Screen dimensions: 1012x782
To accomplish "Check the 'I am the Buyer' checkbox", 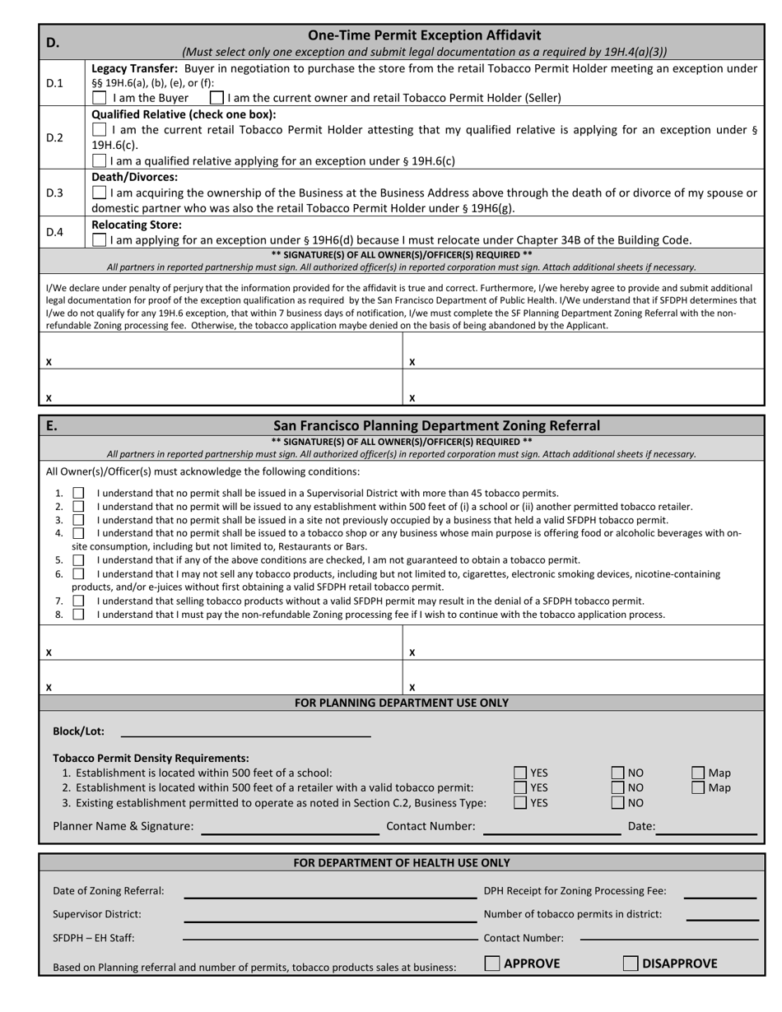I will click(x=100, y=98).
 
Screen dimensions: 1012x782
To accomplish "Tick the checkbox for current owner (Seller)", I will click(x=217, y=98).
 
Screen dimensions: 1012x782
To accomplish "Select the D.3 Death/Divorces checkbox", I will click(x=100, y=193).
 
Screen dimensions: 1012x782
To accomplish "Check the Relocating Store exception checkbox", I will click(x=100, y=240).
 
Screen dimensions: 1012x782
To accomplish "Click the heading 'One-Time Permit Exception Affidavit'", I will click(x=424, y=35).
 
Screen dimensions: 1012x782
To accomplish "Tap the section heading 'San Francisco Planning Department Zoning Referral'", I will click(x=436, y=425).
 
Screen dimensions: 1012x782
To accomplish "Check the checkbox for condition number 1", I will click(x=79, y=493).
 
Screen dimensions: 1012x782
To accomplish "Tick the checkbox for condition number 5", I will click(x=79, y=560).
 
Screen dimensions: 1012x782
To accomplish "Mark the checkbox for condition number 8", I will click(x=79, y=615).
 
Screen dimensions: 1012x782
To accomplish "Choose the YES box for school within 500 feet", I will click(x=520, y=773).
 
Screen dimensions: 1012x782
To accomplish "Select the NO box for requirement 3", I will click(x=617, y=803).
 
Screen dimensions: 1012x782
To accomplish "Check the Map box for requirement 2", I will click(x=698, y=787).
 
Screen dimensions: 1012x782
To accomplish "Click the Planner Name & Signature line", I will click(x=290, y=827).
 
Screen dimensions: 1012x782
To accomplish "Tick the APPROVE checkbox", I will click(x=492, y=963).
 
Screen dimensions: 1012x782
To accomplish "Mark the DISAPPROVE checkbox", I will click(x=631, y=963).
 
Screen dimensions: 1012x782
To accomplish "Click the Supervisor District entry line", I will click(x=329, y=915).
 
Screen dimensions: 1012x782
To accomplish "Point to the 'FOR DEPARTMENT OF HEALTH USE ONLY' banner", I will click(x=402, y=863).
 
